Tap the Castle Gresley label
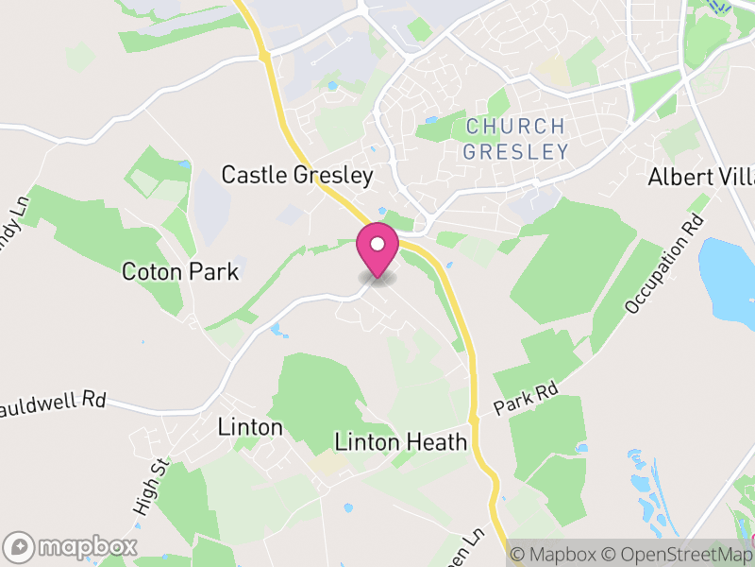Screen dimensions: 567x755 [x=297, y=175]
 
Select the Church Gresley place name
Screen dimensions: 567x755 [x=517, y=138]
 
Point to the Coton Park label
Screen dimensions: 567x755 [x=180, y=272]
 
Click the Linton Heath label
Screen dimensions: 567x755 [x=401, y=441]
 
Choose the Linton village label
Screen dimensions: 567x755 [x=250, y=427]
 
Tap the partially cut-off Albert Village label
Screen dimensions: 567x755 [x=701, y=178]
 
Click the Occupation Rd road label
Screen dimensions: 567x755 [x=664, y=266]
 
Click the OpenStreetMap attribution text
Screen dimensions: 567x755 [x=679, y=554]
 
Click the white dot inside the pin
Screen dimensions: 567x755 [x=377, y=245]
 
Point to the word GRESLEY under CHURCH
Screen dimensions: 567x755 [x=517, y=151]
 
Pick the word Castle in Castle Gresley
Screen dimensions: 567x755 [x=253, y=175]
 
